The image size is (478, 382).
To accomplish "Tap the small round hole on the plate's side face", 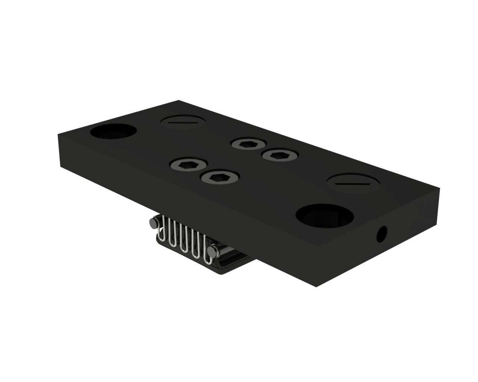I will [382, 234].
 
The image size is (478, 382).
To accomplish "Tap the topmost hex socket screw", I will [248, 144].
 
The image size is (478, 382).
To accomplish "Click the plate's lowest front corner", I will [316, 287].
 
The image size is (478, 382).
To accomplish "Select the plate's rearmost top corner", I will [179, 100].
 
